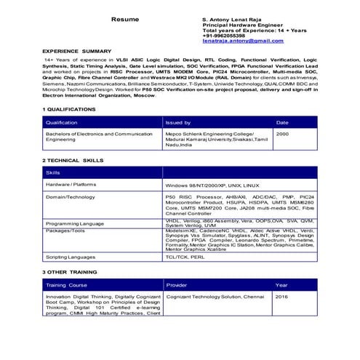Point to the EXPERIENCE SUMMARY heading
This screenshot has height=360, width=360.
tap(77, 52)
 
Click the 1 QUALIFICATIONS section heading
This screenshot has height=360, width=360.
tap(70, 109)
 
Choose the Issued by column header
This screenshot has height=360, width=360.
tap(178, 122)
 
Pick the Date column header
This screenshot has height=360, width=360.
tap(282, 122)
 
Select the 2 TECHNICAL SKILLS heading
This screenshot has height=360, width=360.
tap(73, 159)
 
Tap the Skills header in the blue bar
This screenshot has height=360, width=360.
tap(53, 172)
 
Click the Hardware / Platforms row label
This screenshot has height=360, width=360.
tap(71, 185)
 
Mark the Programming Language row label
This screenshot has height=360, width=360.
tap(75, 223)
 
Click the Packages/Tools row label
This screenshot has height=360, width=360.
tap(65, 230)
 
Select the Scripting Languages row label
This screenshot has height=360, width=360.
tap(71, 257)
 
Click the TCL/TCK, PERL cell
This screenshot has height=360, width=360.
tap(185, 257)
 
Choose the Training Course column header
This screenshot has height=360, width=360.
tap(66, 285)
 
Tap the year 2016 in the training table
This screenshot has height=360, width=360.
tap(281, 297)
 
